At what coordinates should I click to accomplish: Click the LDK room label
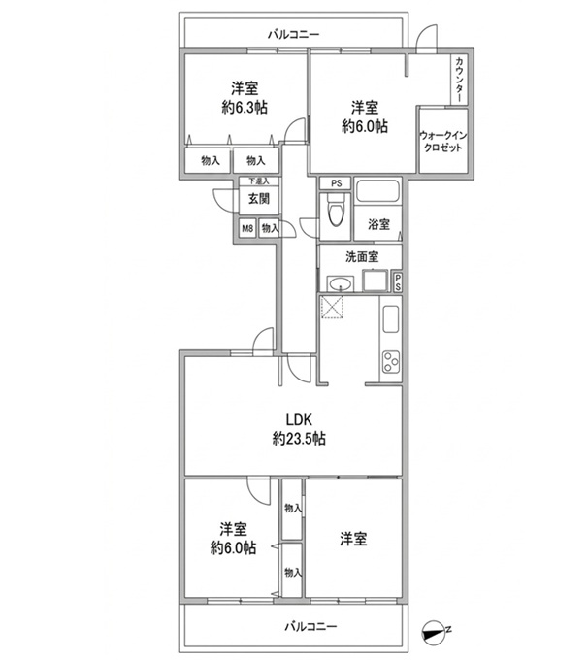click(299, 419)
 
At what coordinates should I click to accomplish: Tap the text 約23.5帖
click(299, 439)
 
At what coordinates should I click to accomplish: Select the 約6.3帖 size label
click(245, 108)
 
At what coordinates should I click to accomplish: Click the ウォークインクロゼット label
click(442, 142)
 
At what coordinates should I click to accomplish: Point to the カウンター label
click(459, 80)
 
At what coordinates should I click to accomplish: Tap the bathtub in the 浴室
click(377, 191)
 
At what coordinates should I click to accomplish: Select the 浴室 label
click(378, 224)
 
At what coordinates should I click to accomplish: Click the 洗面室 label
click(362, 257)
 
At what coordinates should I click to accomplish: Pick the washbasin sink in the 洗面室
click(340, 284)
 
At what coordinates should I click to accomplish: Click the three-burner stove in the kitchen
click(391, 362)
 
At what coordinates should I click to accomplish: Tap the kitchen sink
click(391, 318)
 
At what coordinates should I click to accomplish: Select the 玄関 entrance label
click(259, 198)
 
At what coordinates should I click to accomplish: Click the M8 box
click(247, 228)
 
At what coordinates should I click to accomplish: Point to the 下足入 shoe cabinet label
click(259, 181)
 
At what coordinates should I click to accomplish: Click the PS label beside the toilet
click(336, 183)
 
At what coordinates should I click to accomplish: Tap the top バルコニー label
click(294, 34)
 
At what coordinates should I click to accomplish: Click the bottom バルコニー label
click(311, 627)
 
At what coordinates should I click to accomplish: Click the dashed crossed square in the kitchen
click(332, 308)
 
